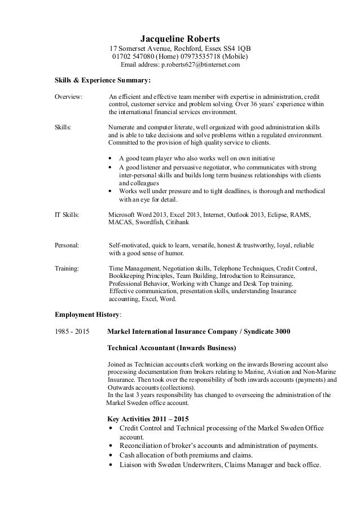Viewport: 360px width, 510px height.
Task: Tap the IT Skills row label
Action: (67, 215)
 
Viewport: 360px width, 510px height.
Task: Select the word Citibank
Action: (179, 223)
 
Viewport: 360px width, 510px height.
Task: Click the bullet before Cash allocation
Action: (111, 456)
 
